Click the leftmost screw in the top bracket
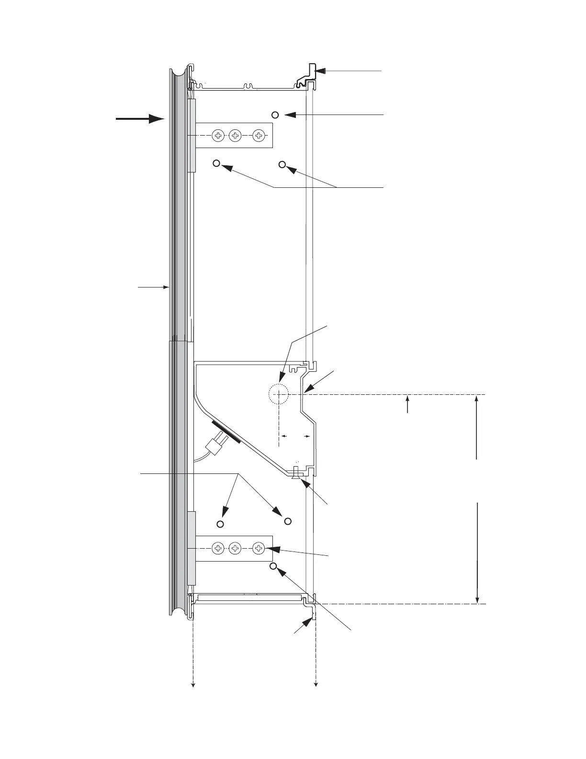coord(218,136)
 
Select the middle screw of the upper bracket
coord(235,136)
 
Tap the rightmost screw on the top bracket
coord(259,136)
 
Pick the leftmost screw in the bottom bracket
coord(218,548)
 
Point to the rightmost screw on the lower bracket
coord(259,548)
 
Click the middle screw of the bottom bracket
coord(235,548)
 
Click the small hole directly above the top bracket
coord(275,115)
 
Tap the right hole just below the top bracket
coord(282,165)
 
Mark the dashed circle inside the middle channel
coord(278,394)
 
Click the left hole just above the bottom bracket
coord(220,524)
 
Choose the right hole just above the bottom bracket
coord(288,520)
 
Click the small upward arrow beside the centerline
coord(407,403)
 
